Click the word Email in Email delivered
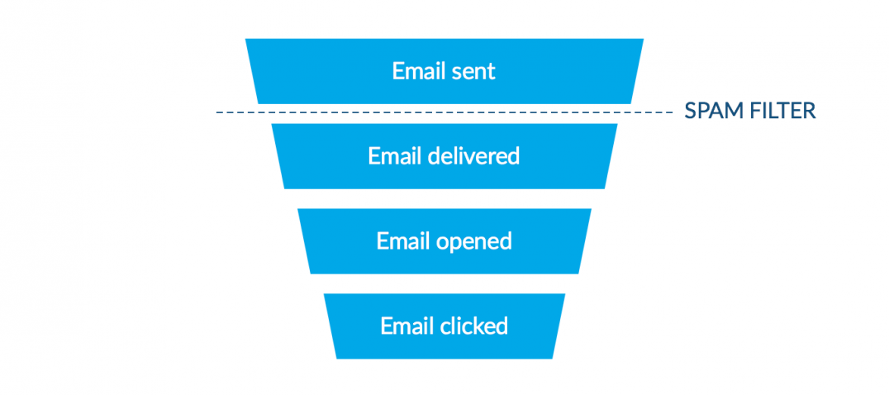392,155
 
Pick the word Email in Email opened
400,240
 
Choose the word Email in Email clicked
404,326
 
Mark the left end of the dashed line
216,112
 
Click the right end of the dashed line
673,112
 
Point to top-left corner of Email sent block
245,39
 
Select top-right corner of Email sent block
644,39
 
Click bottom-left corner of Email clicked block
336,358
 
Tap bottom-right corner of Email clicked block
553,358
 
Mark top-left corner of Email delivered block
272,124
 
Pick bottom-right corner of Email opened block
578,274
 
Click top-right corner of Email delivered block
617,124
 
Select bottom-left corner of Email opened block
311,274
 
